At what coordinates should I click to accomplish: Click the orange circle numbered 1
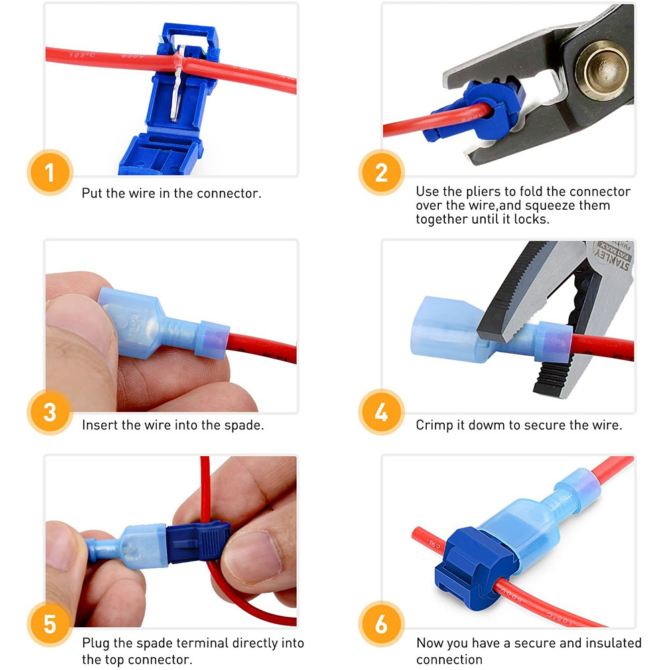[50, 173]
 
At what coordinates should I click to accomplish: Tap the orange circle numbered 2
[381, 173]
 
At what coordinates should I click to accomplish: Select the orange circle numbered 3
[50, 411]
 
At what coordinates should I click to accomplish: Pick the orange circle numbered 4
[381, 411]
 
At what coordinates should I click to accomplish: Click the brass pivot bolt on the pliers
[603, 70]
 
